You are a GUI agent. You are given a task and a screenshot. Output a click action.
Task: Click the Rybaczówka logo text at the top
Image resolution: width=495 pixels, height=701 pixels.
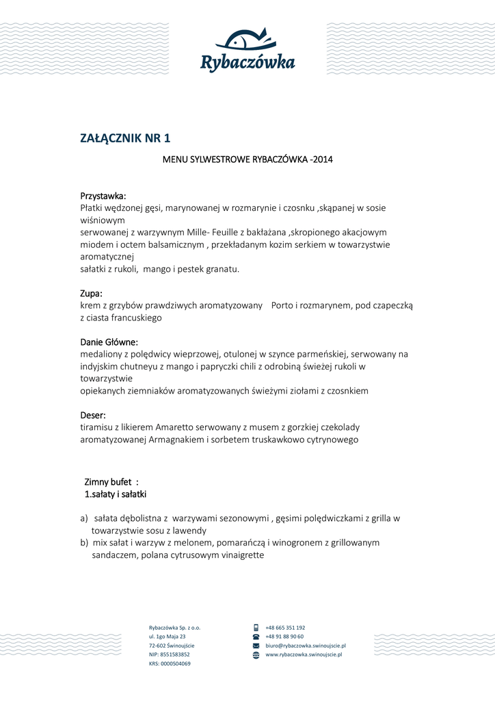(x=247, y=63)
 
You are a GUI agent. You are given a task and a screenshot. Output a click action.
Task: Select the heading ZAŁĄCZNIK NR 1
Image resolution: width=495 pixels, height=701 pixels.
(x=125, y=139)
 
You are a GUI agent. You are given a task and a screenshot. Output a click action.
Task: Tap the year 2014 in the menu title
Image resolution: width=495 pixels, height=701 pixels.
(x=321, y=160)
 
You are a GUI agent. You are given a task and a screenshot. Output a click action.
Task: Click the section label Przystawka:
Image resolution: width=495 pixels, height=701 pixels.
(x=103, y=196)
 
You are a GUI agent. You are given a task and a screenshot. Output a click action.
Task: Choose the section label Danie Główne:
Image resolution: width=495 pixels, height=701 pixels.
(x=109, y=342)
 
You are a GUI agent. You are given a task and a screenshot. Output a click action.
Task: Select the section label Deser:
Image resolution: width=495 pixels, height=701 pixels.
(x=93, y=415)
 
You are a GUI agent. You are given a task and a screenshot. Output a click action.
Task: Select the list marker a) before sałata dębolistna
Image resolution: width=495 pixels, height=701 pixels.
(x=84, y=519)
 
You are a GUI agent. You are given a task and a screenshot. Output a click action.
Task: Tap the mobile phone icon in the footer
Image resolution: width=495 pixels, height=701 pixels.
(x=256, y=627)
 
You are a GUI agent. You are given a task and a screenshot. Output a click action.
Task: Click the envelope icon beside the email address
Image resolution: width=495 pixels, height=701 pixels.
(x=256, y=646)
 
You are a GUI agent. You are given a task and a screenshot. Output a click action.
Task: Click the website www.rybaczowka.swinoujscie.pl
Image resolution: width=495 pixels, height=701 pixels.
(x=304, y=654)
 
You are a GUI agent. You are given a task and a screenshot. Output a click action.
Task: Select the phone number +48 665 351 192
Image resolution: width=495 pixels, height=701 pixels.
(x=285, y=627)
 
